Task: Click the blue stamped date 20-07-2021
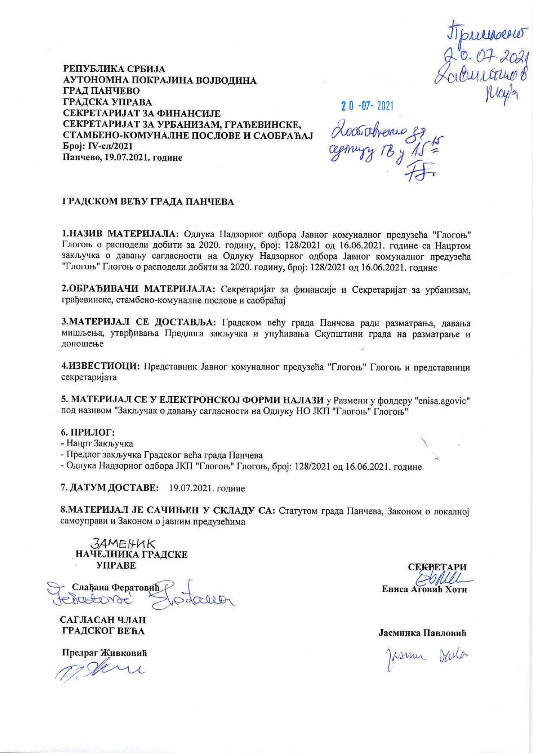pos(368,105)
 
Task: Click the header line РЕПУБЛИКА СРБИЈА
pos(114,69)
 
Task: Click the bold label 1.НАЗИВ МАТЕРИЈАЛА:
pos(120,234)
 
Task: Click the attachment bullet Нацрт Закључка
pos(98,444)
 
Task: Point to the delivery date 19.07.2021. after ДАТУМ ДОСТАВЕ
pos(207,489)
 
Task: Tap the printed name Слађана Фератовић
pos(116,587)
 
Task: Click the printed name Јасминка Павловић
pos(423,633)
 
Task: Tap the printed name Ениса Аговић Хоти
pos(424,589)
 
